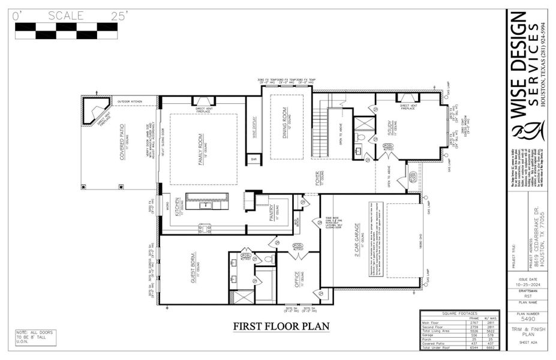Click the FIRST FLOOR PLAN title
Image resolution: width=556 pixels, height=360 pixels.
281,326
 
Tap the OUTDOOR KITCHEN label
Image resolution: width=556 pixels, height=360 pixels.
131,101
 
